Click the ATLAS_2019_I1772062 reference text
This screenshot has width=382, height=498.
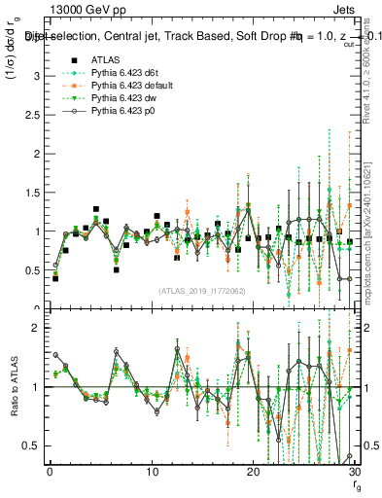click(x=202, y=290)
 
